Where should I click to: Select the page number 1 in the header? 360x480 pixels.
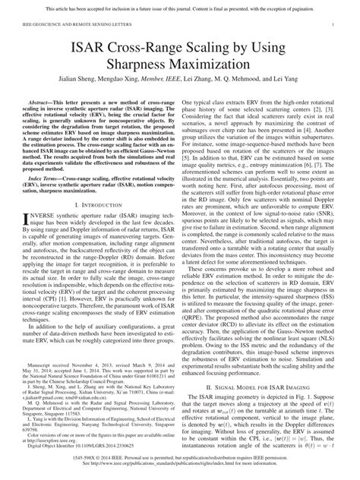[335, 24]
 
